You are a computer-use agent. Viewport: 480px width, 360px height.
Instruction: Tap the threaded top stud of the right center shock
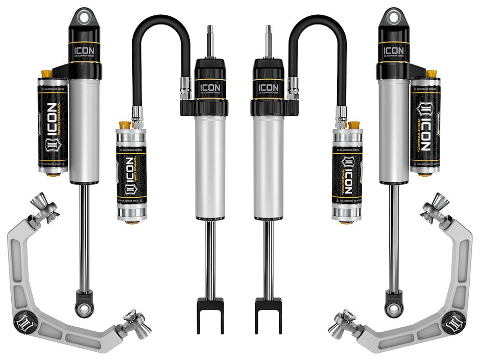268,41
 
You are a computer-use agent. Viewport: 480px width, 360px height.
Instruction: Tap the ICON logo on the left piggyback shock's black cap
85,51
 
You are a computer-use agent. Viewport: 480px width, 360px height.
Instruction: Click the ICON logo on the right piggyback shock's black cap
393,51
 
